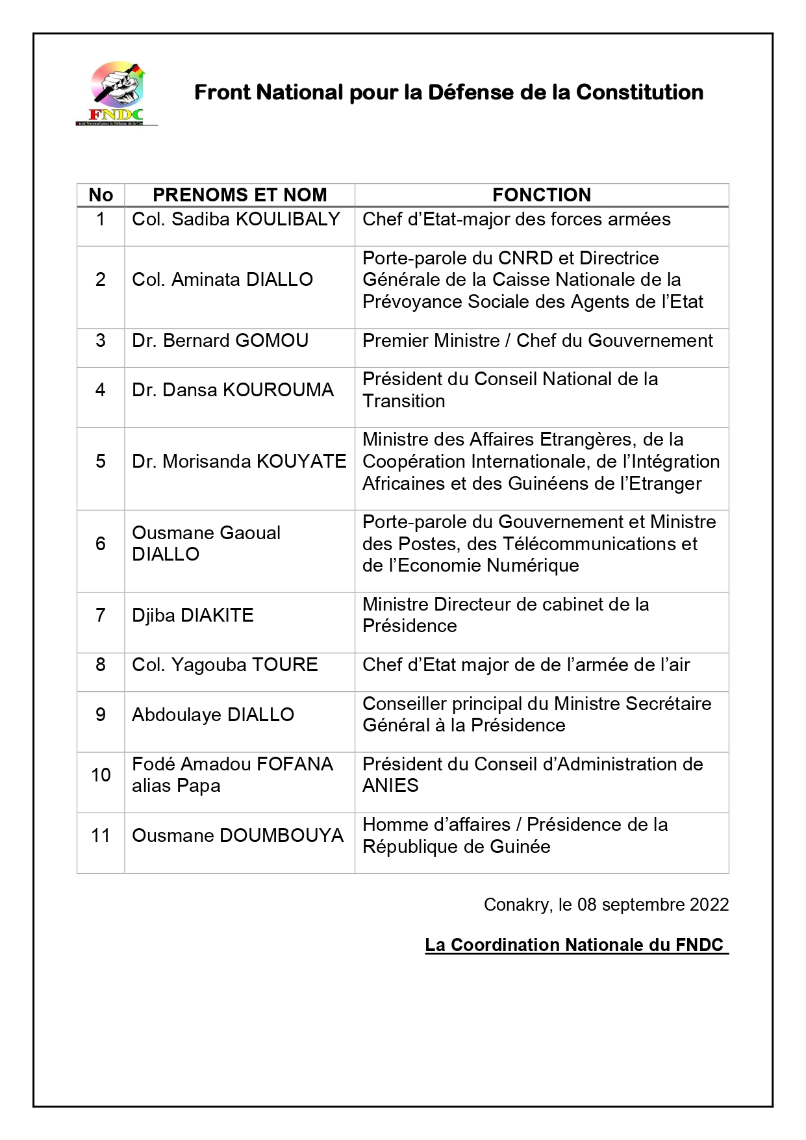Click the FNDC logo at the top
coord(117,93)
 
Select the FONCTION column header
coord(541,195)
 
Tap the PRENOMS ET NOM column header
coord(240,195)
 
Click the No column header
coord(101,195)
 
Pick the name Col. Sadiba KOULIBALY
coord(236,219)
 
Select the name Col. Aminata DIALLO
coord(222,279)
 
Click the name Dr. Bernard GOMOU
coord(220,340)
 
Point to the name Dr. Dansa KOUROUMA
coord(233,390)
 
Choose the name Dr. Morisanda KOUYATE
coord(239,461)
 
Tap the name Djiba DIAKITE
coord(192,615)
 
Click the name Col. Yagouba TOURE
coord(225,665)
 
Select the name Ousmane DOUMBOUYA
coord(238,835)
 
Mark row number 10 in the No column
coord(101,775)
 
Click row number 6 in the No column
coord(101,544)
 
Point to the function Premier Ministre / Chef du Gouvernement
coord(537,340)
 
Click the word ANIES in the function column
coord(390,786)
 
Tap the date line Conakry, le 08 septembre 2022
coord(606,905)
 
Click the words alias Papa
coord(176,786)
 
